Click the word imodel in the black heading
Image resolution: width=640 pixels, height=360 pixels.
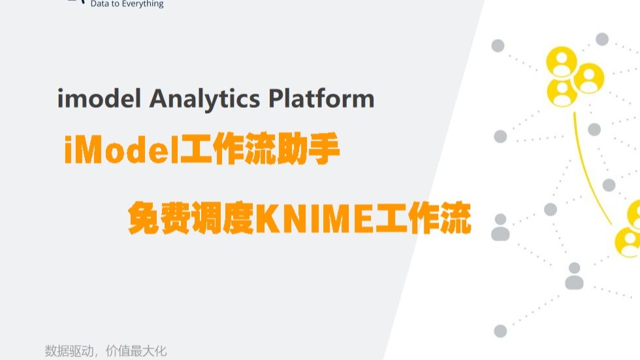tap(99, 99)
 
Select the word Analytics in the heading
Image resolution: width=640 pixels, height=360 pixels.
tap(204, 99)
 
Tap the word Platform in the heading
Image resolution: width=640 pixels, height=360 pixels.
tap(321, 99)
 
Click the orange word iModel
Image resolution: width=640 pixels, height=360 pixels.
tap(122, 150)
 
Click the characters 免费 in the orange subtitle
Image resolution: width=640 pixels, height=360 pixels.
tap(159, 218)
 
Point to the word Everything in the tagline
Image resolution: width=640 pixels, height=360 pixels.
tap(142, 4)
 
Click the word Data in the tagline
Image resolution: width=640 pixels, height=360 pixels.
tap(98, 4)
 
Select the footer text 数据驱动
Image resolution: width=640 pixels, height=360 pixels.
tap(69, 351)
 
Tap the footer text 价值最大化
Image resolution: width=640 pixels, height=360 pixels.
tap(136, 351)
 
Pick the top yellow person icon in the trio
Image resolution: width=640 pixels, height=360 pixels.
tap(562, 61)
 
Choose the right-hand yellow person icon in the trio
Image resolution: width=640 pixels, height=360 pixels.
tap(589, 78)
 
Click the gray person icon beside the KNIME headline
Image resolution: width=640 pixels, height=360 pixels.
tap(500, 227)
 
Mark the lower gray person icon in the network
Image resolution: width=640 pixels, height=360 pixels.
tap(574, 276)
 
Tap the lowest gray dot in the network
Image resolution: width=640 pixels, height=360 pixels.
tap(500, 331)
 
